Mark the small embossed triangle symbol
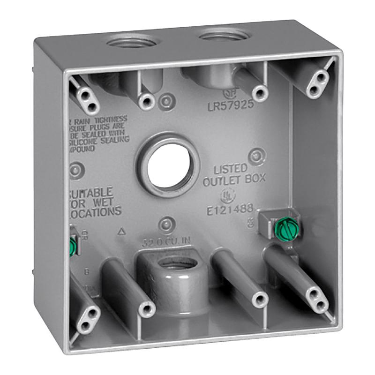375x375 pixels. [122, 231]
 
